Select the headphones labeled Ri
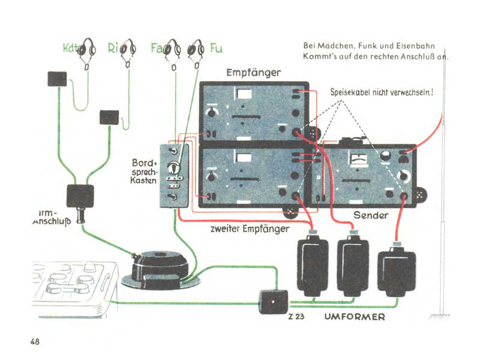pyautogui.click(x=127, y=50)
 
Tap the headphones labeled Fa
pyautogui.click(x=173, y=49)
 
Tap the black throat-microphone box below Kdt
pyautogui.click(x=57, y=79)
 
